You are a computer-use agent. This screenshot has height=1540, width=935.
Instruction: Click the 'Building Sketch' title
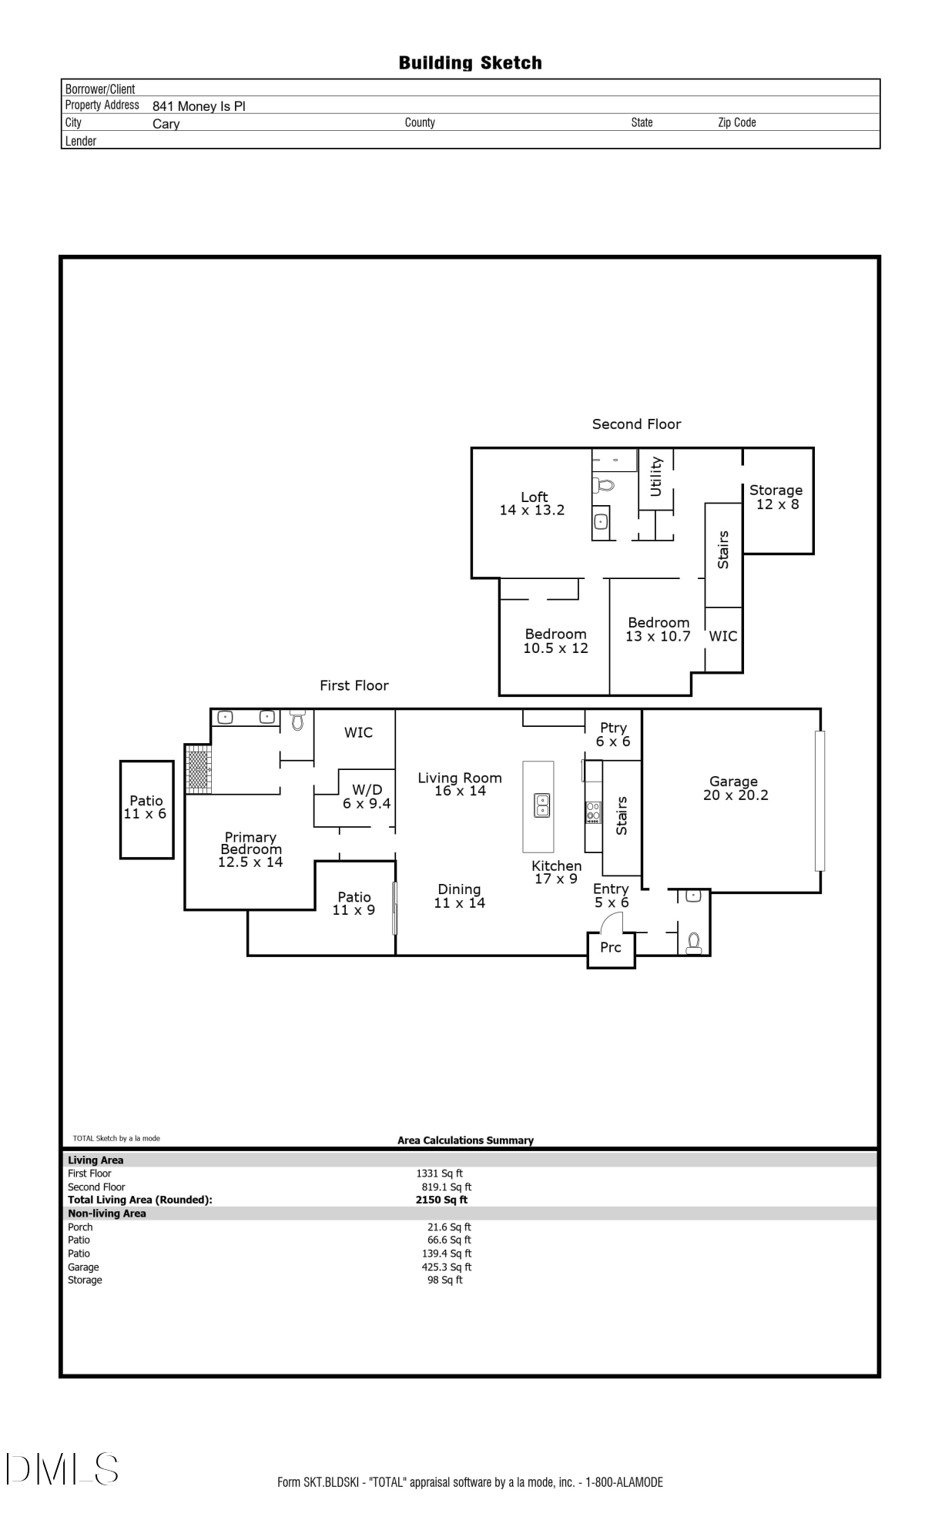pyautogui.click(x=470, y=63)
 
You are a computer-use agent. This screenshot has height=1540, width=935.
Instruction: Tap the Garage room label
pyautogui.click(x=735, y=788)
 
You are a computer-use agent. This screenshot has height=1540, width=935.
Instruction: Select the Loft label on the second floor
pyautogui.click(x=533, y=504)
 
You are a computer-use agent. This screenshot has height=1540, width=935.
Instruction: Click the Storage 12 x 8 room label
pyautogui.click(x=776, y=497)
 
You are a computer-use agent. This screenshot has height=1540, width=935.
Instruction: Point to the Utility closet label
pyautogui.click(x=656, y=477)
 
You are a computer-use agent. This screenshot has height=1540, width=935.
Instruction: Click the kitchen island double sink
pyautogui.click(x=542, y=805)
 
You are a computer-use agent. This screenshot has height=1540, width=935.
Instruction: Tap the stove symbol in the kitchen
pyautogui.click(x=593, y=812)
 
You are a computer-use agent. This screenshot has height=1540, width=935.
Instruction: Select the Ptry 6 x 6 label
pyautogui.click(x=613, y=735)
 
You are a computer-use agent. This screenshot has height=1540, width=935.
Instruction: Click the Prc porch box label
pyautogui.click(x=611, y=947)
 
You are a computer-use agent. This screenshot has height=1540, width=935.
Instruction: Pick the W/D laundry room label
pyautogui.click(x=367, y=796)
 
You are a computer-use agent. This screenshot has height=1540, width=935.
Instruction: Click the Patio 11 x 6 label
pyautogui.click(x=146, y=807)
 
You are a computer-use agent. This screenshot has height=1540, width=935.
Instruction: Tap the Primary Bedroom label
pyautogui.click(x=250, y=849)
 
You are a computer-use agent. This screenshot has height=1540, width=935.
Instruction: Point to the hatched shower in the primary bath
pyautogui.click(x=199, y=768)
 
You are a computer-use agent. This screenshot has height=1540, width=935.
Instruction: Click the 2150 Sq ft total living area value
pyautogui.click(x=441, y=1200)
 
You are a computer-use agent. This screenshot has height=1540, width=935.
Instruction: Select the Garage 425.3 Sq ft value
pyautogui.click(x=447, y=1267)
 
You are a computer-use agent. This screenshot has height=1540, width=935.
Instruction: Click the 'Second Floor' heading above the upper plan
pyautogui.click(x=636, y=424)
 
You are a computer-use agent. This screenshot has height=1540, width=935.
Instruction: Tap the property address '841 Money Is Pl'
pyautogui.click(x=199, y=106)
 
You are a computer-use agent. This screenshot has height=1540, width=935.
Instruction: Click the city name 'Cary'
pyautogui.click(x=166, y=124)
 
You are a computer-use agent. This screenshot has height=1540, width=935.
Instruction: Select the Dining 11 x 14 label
pyautogui.click(x=460, y=896)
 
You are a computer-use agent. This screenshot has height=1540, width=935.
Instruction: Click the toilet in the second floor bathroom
pyautogui.click(x=604, y=485)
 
